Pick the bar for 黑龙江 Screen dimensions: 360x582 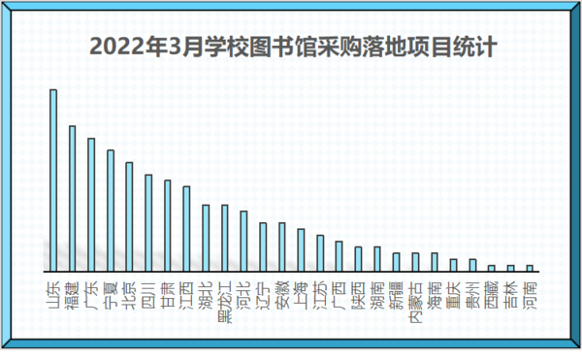[224, 237]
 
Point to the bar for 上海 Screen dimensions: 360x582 [301, 249]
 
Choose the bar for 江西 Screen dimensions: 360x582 [186, 228]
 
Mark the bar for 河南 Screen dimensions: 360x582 [530, 267]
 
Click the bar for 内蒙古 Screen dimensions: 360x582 [415, 261]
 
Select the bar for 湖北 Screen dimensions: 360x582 [206, 237]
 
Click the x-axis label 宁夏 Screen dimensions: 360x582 [111, 291]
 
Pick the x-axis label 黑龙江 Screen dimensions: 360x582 [224, 300]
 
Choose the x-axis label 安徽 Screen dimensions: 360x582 [281, 291]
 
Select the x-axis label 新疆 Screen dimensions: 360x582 [396, 291]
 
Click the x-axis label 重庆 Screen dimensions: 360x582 [453, 291]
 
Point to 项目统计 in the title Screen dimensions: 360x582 [453, 47]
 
